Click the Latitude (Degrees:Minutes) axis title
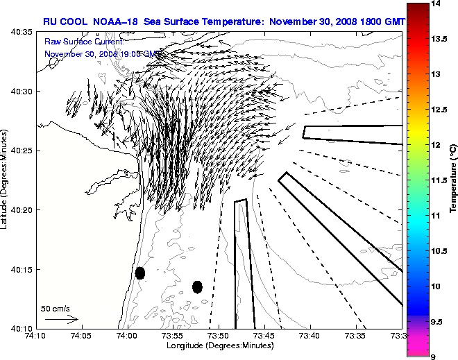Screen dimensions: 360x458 click(6, 180)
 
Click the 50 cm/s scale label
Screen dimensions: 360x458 click(56, 309)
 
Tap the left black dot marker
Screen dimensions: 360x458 click(139, 273)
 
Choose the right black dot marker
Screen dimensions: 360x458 click(197, 286)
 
